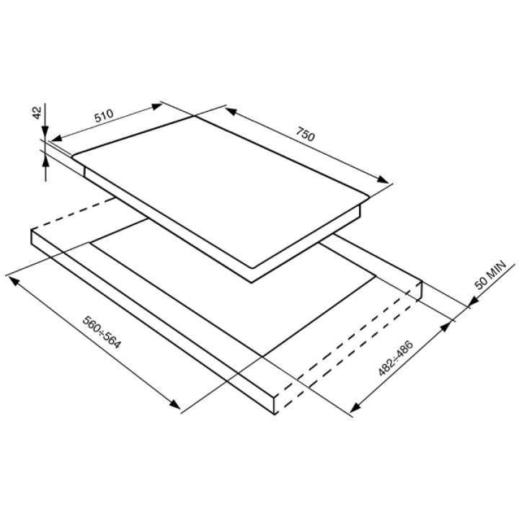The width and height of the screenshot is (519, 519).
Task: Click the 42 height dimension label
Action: click(37, 112)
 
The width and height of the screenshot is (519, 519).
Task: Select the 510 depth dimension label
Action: click(104, 116)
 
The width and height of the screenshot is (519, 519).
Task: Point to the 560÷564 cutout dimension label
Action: click(102, 332)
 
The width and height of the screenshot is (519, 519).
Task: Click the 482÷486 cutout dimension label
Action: click(396, 358)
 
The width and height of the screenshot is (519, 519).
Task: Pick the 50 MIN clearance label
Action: click(490, 275)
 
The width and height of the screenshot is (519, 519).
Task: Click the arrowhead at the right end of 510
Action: click(156, 106)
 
